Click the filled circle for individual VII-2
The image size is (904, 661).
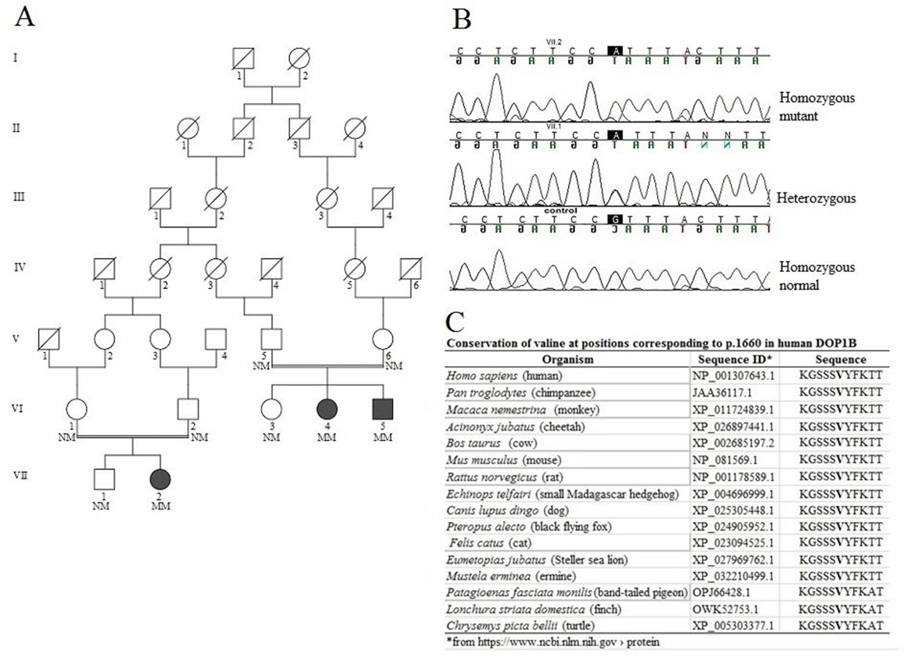(160, 479)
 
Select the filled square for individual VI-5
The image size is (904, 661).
(383, 409)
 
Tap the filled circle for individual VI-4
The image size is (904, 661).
(327, 409)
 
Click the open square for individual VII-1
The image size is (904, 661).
(104, 479)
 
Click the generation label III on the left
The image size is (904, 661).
(19, 197)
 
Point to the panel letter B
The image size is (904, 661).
(462, 19)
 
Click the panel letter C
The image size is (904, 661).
(455, 322)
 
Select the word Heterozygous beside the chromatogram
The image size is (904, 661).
(816, 198)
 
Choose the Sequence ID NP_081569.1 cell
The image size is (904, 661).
(725, 460)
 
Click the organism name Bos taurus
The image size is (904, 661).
(474, 443)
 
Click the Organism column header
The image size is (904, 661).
(568, 359)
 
